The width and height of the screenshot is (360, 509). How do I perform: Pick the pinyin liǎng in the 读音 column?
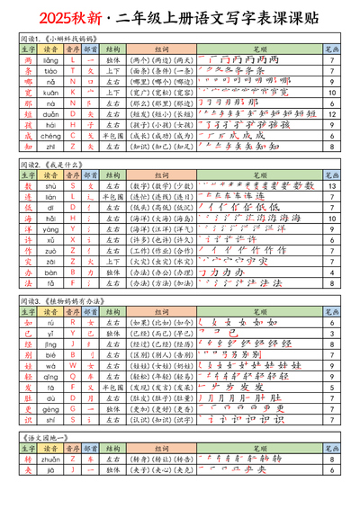coord(51,59)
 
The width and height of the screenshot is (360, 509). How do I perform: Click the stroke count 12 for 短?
coord(332,114)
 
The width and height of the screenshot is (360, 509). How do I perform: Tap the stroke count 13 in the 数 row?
coord(332,185)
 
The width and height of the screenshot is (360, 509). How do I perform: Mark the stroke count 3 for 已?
coord(332,331)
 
